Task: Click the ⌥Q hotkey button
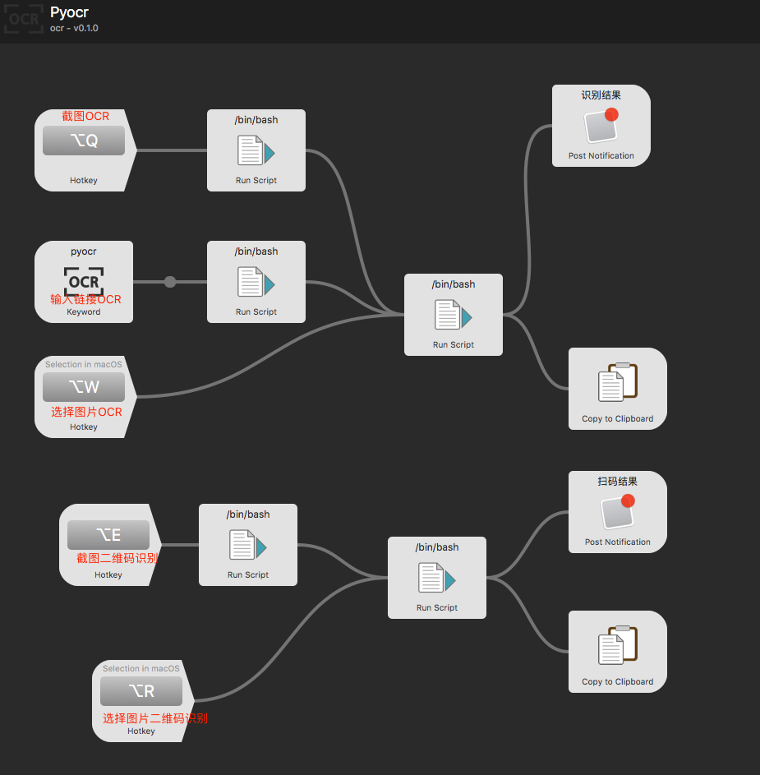tap(84, 141)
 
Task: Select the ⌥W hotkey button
tap(84, 387)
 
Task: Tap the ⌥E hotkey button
tap(108, 535)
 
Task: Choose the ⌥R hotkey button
tap(141, 691)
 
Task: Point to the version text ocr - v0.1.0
tap(74, 28)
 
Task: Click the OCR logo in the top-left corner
tap(22, 18)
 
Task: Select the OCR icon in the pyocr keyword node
tap(84, 280)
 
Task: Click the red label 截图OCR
tap(85, 116)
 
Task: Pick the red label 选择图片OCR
tap(86, 412)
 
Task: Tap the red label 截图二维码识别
tap(117, 558)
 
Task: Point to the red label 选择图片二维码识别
tap(154, 717)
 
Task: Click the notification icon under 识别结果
tap(601, 127)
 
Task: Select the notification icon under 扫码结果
tap(618, 513)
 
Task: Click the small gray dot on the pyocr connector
tap(170, 282)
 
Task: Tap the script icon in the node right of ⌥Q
tap(256, 152)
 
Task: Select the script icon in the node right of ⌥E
tap(248, 547)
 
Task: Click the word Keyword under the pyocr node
tap(84, 312)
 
